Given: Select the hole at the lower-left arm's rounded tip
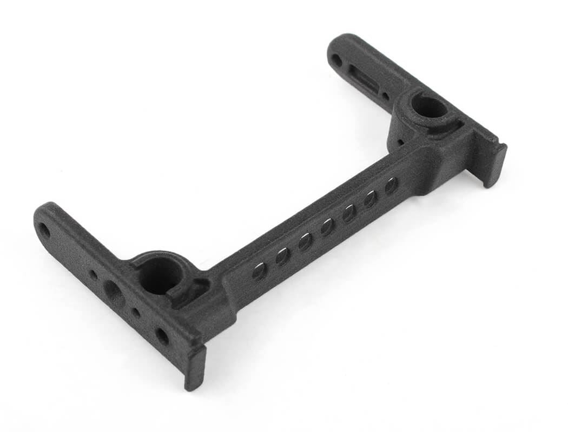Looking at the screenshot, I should tap(44, 231).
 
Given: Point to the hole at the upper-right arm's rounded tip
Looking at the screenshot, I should tap(336, 60).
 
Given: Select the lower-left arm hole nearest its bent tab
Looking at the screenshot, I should tap(162, 336).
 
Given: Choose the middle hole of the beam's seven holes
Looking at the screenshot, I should tap(327, 227).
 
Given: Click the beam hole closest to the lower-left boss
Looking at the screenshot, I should tap(259, 271).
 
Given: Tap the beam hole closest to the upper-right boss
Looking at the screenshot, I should tap(391, 186).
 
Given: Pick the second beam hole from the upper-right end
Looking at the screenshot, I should tap(371, 199).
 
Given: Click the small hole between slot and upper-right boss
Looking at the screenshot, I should tap(385, 97).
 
